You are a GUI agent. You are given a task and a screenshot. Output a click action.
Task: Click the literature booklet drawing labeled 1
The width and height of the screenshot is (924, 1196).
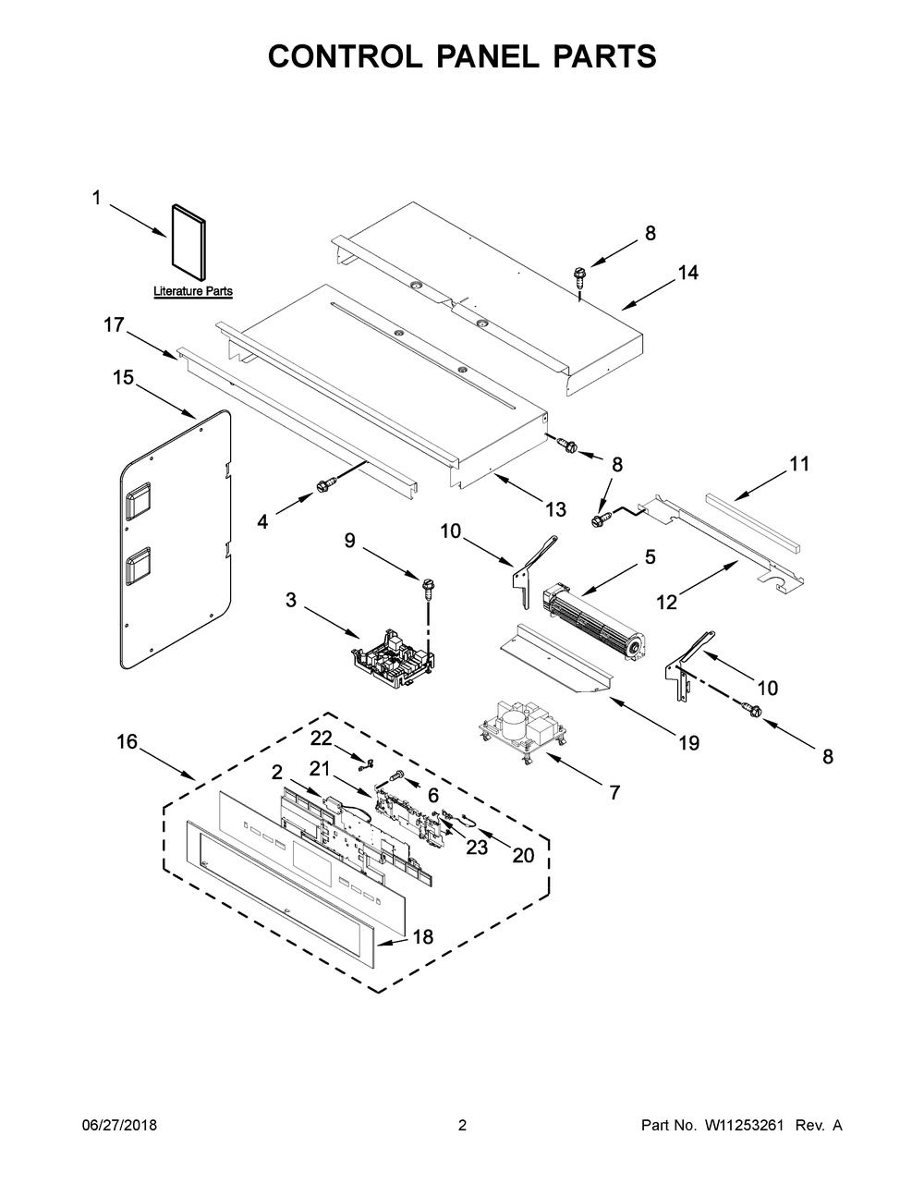pyautogui.click(x=188, y=242)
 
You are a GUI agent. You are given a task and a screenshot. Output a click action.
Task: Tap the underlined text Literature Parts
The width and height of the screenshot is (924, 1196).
pyautogui.click(x=193, y=291)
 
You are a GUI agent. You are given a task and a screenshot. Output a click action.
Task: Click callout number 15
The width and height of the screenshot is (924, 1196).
pyautogui.click(x=123, y=378)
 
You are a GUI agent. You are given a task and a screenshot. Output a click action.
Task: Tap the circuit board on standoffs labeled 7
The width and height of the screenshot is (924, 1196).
pyautogui.click(x=524, y=731)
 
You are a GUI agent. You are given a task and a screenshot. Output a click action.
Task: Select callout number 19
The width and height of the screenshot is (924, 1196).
pyautogui.click(x=688, y=743)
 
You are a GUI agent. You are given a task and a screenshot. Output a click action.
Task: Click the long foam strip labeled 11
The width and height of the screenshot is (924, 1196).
pyautogui.click(x=753, y=522)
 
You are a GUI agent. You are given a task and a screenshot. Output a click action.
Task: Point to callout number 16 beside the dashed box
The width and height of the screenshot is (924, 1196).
pyautogui.click(x=128, y=741)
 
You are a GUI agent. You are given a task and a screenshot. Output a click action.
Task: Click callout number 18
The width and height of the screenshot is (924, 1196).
pyautogui.click(x=423, y=936)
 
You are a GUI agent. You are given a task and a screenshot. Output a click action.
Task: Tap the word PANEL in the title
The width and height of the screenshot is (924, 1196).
pyautogui.click(x=489, y=56)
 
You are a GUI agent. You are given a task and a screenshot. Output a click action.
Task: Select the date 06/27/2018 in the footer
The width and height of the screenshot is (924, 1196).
pyautogui.click(x=119, y=1125)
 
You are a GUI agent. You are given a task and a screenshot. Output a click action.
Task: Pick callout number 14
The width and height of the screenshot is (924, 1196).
pyautogui.click(x=687, y=273)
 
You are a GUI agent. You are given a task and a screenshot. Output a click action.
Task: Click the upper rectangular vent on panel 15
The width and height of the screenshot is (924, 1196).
pyautogui.click(x=138, y=500)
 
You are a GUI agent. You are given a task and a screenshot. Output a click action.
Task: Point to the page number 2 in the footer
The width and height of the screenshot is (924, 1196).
pyautogui.click(x=462, y=1125)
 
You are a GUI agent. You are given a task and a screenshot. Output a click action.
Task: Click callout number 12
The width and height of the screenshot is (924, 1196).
pyautogui.click(x=666, y=603)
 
